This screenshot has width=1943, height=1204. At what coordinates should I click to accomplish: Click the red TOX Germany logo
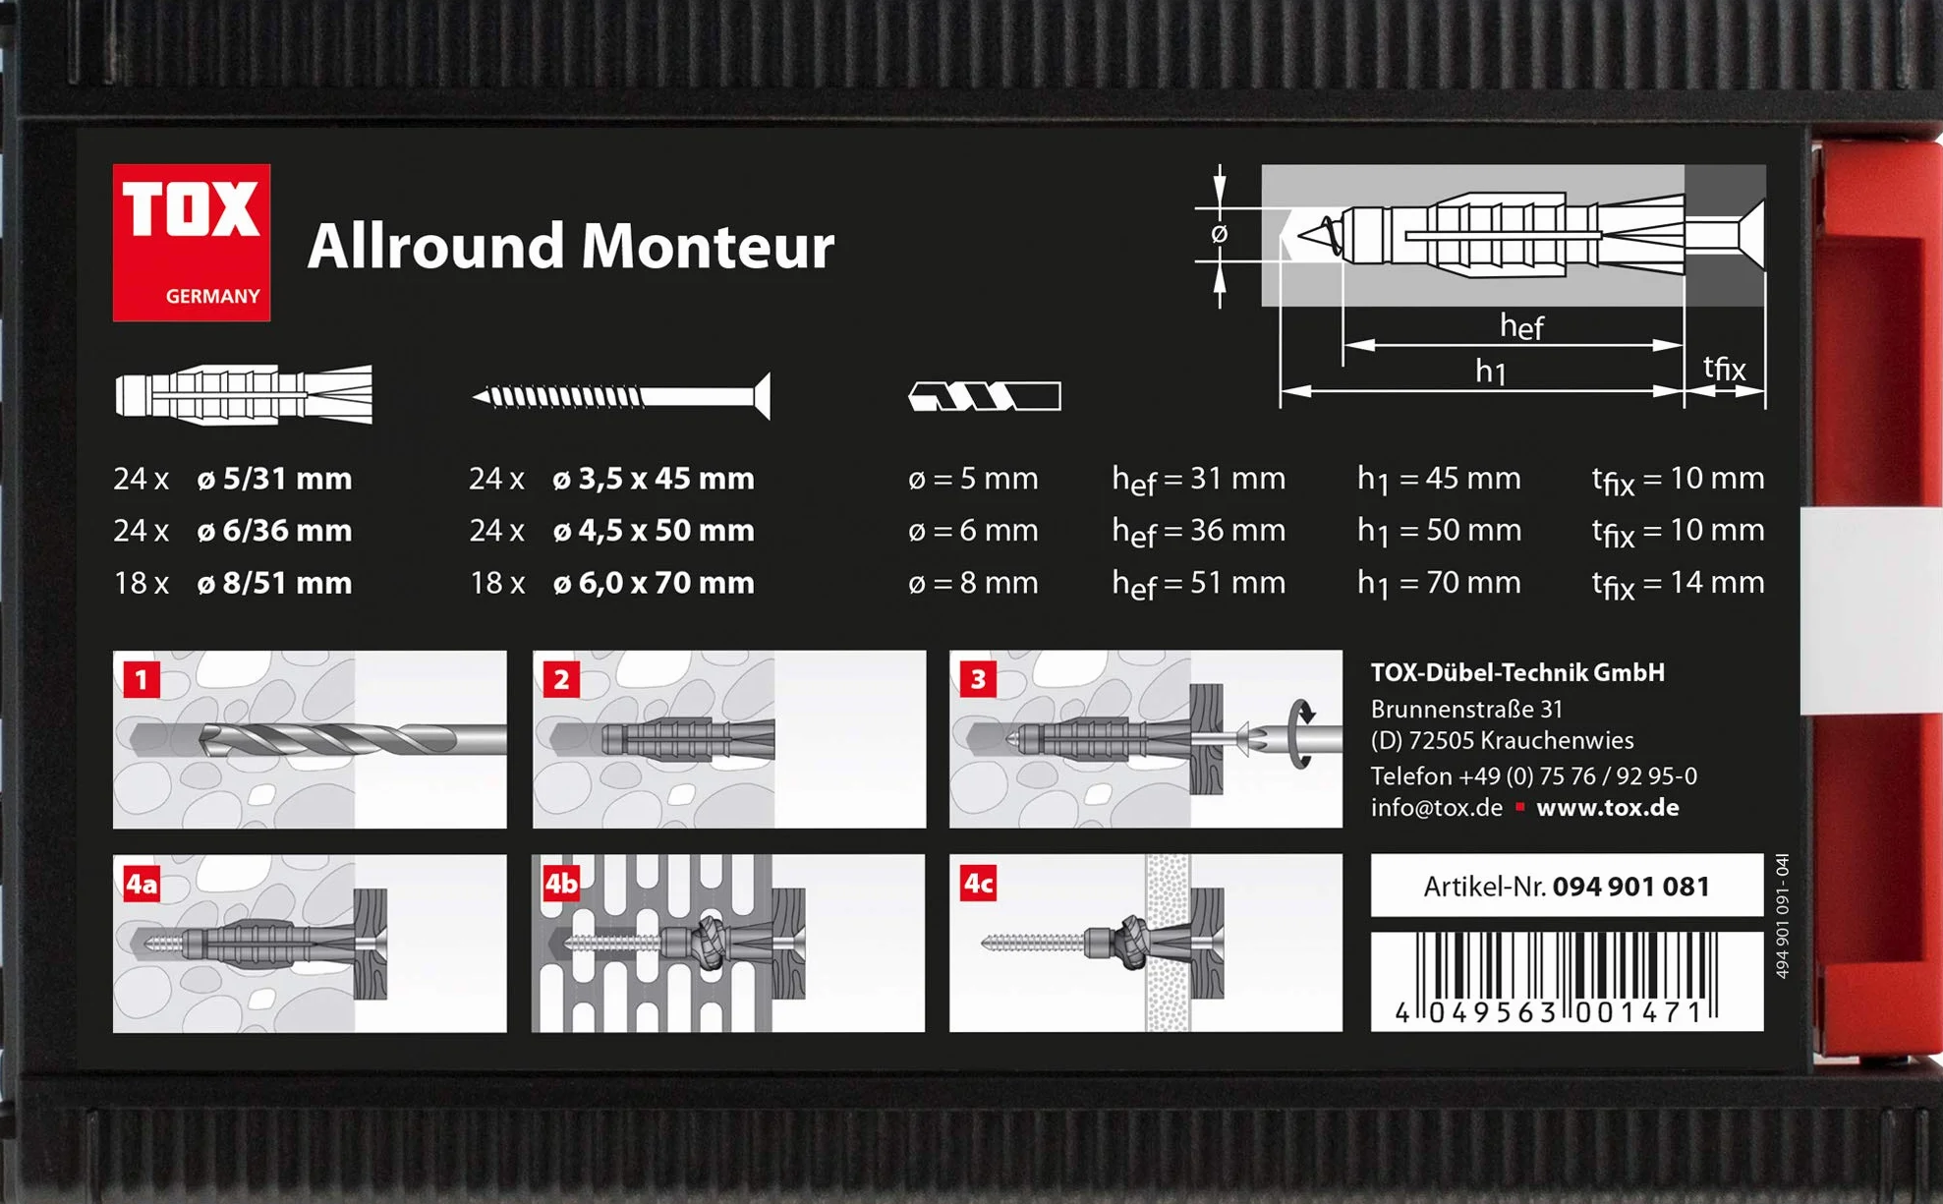tap(192, 242)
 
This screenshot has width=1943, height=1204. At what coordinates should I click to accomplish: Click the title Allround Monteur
tap(571, 246)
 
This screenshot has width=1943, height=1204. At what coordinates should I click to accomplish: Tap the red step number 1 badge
tap(142, 679)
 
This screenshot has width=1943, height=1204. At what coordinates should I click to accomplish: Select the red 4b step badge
tap(561, 883)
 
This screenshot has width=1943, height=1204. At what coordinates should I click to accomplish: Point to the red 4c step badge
tap(978, 883)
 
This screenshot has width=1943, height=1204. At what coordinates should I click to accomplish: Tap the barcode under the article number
tap(1567, 980)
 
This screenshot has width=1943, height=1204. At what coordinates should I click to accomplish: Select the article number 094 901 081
tap(1631, 887)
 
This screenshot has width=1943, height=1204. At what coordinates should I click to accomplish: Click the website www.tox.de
tap(1608, 808)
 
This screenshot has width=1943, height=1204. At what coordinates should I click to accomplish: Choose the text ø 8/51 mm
tap(274, 584)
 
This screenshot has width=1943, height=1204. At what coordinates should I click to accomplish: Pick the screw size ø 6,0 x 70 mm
tap(654, 584)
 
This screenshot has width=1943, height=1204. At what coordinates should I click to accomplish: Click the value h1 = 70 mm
tap(1439, 584)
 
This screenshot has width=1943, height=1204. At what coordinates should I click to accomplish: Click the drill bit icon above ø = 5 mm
tap(985, 396)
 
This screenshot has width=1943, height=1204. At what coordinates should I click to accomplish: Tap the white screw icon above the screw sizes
tap(621, 396)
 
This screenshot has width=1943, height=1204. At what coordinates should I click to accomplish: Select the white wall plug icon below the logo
tap(244, 395)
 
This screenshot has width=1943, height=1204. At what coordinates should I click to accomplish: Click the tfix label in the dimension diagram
tap(1724, 369)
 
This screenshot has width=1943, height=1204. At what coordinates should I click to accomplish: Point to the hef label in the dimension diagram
tap(1521, 326)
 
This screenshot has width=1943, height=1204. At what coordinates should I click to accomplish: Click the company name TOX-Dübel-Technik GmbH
tap(1517, 673)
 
